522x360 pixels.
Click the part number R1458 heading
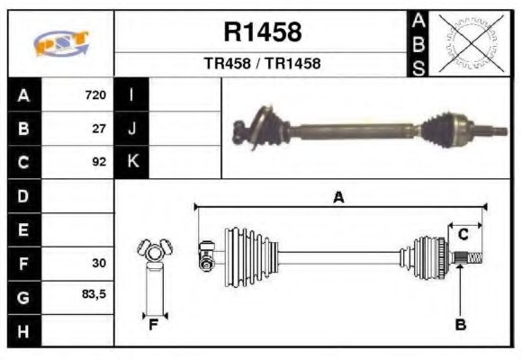tap(262, 33)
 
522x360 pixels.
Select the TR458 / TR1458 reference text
tap(262, 64)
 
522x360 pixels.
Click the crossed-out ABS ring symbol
tap(470, 42)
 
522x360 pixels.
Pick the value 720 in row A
tap(95, 95)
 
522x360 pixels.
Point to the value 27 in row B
tap(99, 129)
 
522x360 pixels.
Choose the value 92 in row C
tap(99, 163)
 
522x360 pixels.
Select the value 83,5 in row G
tap(94, 295)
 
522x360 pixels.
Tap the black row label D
tap(23, 196)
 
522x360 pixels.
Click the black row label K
tap(132, 163)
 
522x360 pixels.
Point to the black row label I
tap(132, 95)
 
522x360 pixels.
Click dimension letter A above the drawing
tap(338, 198)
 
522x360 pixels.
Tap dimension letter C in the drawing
tap(463, 235)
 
